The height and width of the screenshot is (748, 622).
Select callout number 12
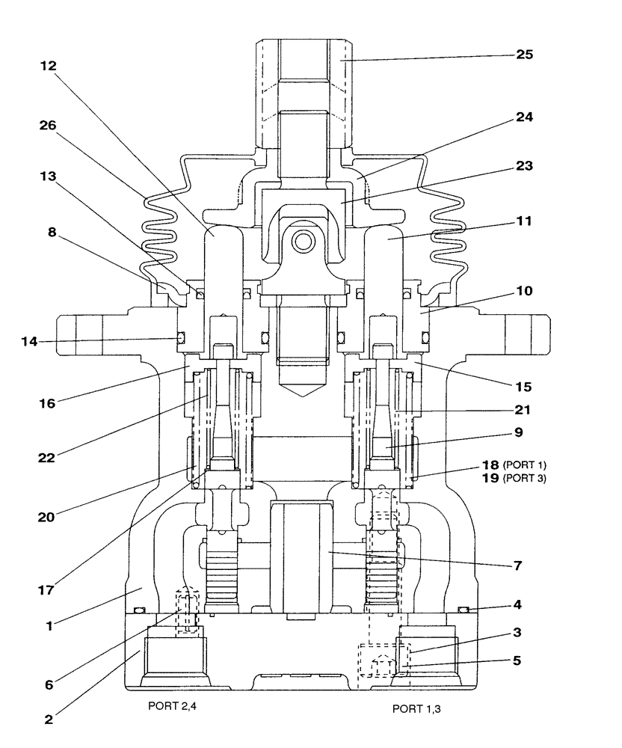point(50,66)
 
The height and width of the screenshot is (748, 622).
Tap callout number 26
point(50,125)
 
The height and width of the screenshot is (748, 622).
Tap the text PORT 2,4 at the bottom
point(173,705)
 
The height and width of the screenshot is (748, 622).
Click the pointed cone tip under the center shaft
point(303,395)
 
